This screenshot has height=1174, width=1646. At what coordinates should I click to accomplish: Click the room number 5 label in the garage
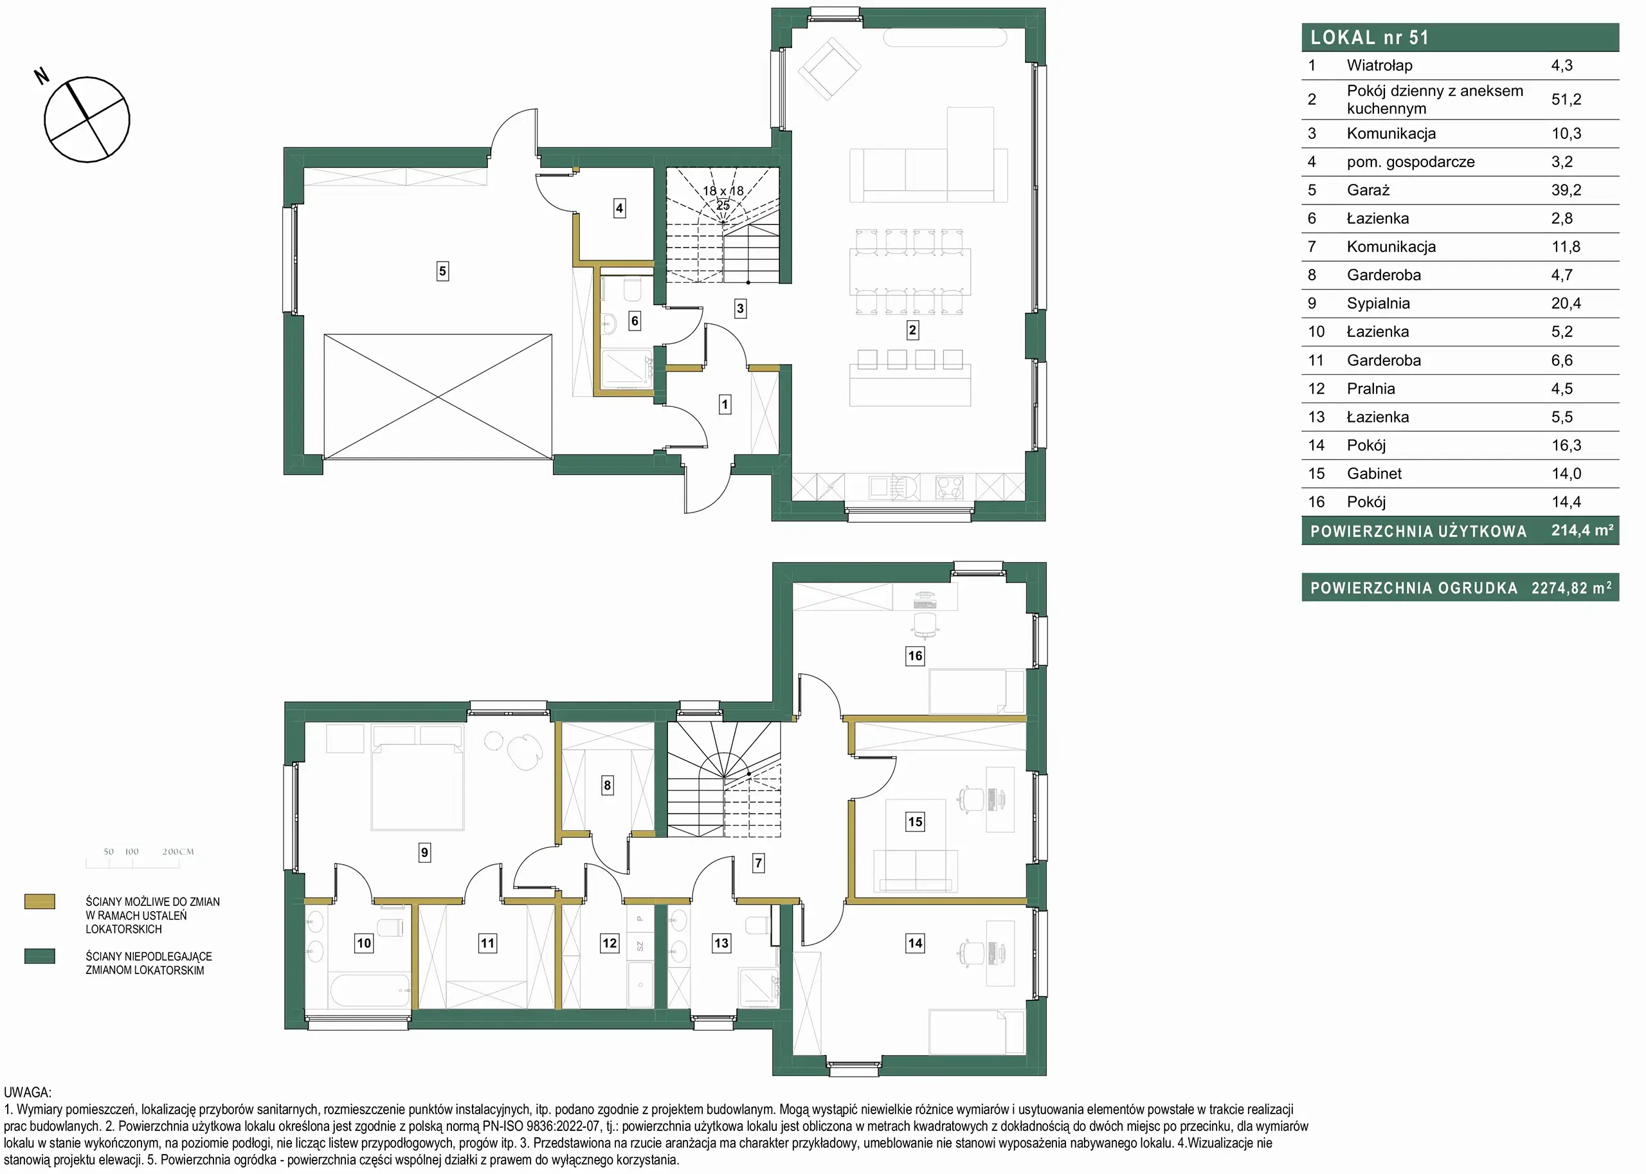(442, 271)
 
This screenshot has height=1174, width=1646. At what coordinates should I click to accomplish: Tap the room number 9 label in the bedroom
(424, 853)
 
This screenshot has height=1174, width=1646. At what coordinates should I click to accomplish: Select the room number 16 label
(915, 656)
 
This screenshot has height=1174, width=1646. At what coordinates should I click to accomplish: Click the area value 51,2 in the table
(1566, 99)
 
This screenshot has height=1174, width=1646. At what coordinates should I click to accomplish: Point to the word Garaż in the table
(1368, 190)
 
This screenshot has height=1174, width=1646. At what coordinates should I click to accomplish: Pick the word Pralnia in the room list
(1371, 388)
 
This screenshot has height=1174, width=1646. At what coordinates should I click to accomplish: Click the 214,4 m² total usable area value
(1582, 530)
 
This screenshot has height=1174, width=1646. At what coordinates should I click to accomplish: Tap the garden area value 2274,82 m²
(1571, 587)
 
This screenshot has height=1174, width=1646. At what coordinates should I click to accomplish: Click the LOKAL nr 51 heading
(1370, 37)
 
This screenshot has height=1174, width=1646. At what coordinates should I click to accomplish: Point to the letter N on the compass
(42, 75)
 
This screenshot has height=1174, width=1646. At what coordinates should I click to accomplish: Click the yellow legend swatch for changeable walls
(40, 901)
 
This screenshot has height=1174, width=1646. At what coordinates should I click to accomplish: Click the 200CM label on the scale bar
(178, 852)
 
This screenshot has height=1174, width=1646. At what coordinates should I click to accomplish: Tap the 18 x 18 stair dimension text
(723, 191)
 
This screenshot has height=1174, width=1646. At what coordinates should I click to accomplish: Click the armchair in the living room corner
(829, 69)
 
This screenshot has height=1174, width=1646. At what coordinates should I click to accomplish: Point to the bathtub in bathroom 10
(370, 989)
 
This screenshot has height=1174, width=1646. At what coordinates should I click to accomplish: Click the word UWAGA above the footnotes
(28, 1093)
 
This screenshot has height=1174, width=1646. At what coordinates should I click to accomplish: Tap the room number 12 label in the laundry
(610, 943)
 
